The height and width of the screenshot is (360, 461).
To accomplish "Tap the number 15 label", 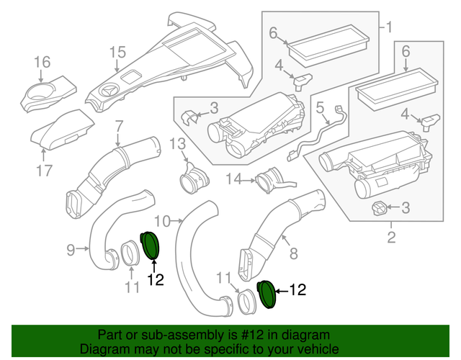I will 117,52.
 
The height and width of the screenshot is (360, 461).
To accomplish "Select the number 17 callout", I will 45,171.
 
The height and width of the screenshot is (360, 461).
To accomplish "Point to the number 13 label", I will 178,144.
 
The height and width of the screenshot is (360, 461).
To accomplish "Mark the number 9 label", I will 71,250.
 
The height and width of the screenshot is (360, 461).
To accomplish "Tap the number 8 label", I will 293,253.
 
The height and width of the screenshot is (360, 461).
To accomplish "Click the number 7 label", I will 120,125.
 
